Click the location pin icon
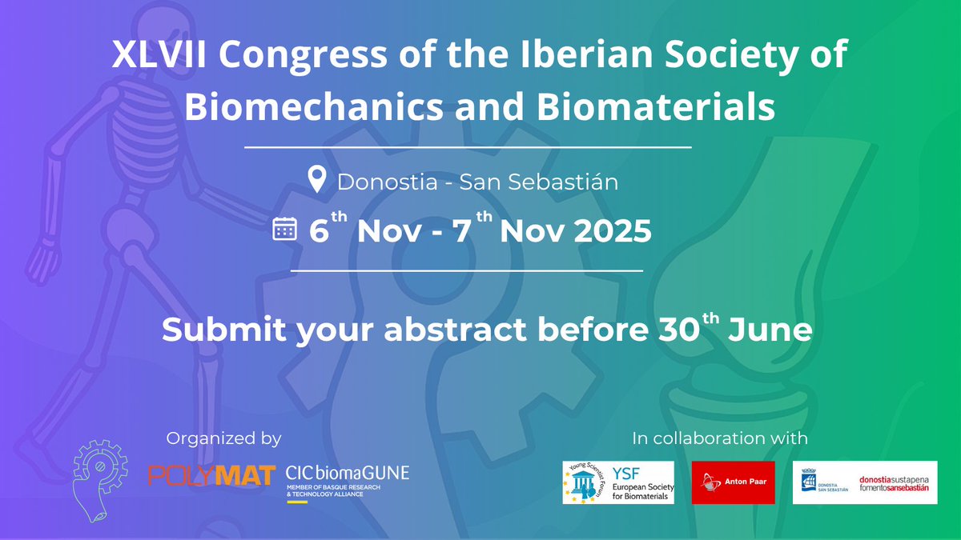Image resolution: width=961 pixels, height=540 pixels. (317, 179)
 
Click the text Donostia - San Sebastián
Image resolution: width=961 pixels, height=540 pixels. (478, 181)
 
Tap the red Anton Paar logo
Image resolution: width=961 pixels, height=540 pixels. (732, 482)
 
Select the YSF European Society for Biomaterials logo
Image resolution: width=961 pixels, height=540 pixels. (617, 482)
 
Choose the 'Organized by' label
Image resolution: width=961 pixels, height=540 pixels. (223, 438)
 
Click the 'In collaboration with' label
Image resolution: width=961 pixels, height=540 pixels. (720, 438)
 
